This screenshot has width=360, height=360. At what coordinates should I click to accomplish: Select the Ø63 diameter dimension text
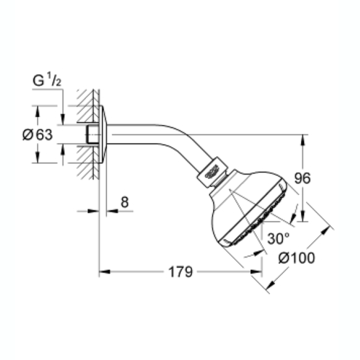38,135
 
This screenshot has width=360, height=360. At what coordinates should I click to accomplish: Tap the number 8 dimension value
124,202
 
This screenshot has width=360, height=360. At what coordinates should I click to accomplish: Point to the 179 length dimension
180,272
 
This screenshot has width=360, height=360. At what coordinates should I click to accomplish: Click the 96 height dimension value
303,178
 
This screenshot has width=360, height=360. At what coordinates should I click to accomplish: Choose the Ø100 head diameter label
297,257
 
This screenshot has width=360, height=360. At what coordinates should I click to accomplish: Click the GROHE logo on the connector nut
212,171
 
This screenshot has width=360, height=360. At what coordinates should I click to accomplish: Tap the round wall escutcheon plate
103,135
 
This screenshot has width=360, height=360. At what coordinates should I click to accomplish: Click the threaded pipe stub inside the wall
92,135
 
